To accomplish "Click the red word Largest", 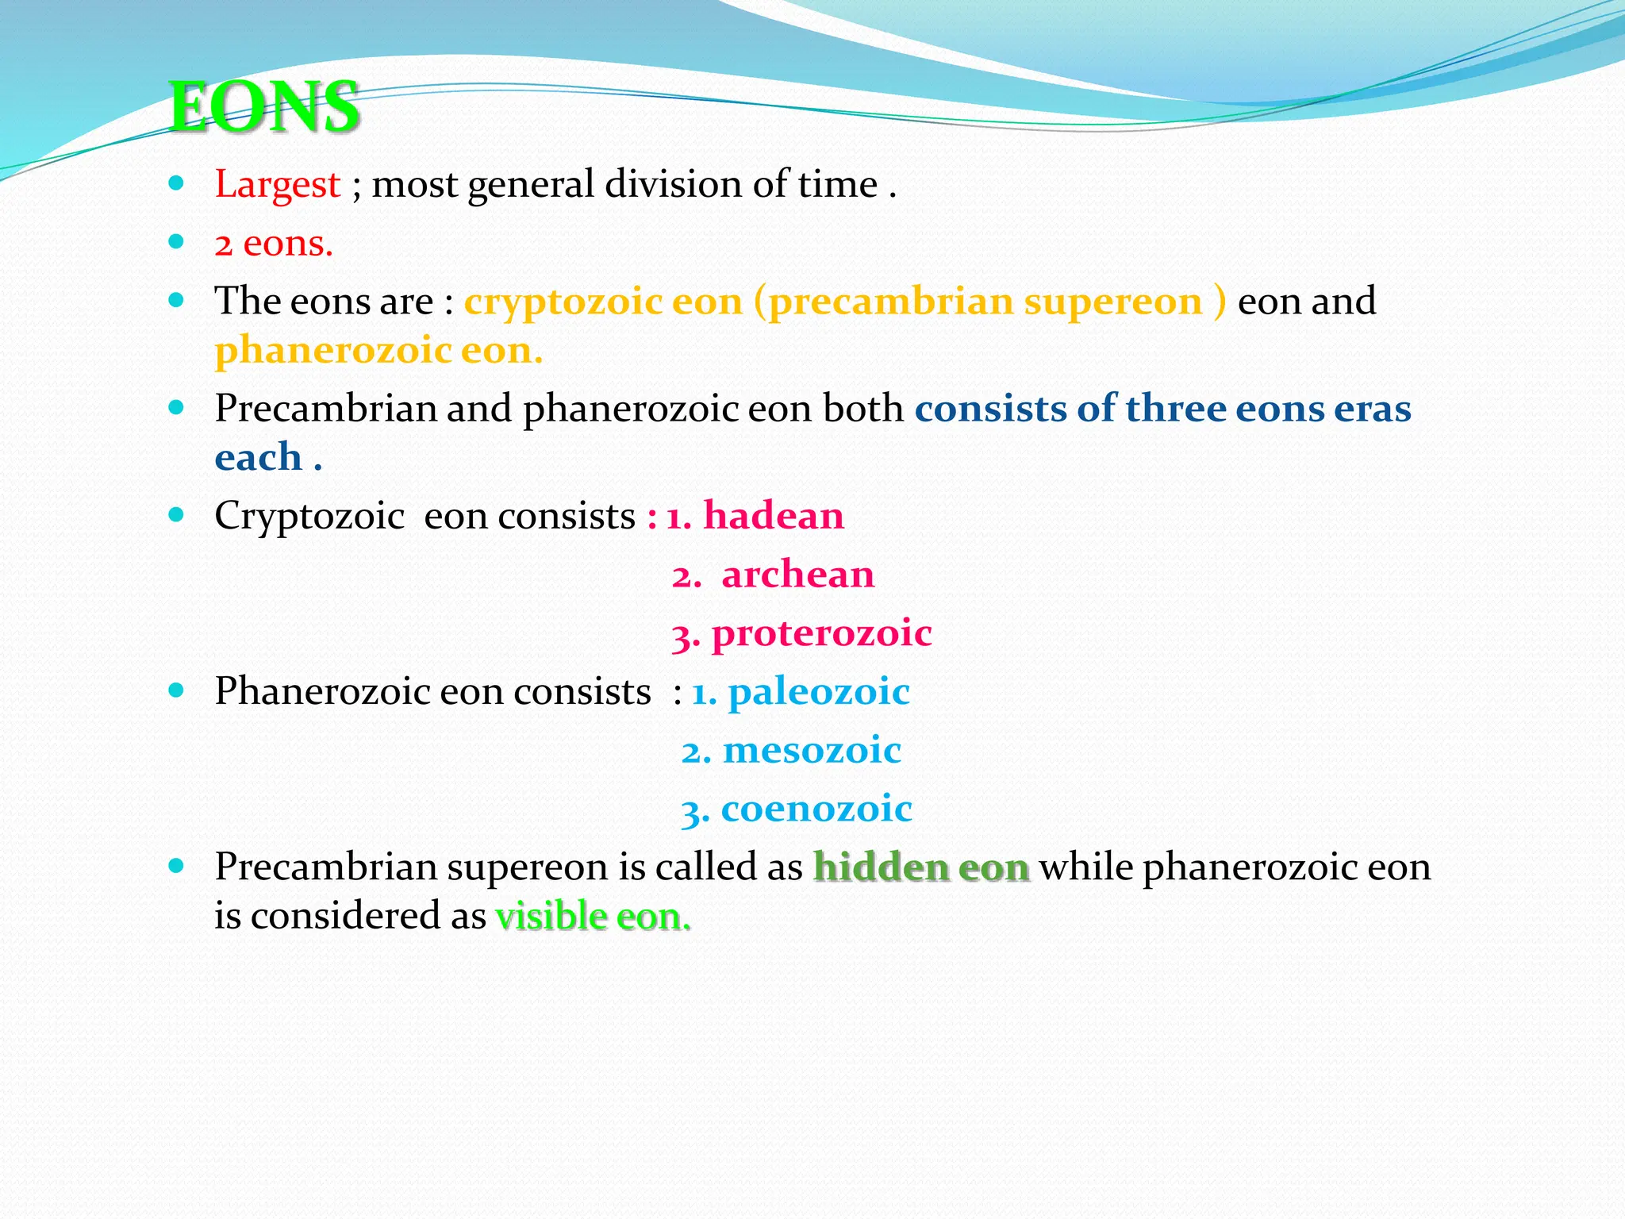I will pyautogui.click(x=277, y=184).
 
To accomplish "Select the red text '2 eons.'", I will pyautogui.click(x=273, y=243).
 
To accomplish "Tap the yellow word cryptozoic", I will pyautogui.click(x=563, y=302).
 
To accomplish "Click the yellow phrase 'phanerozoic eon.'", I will pyautogui.click(x=378, y=350).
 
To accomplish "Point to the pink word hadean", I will pyautogui.click(x=773, y=515).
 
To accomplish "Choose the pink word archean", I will pyautogui.click(x=797, y=574).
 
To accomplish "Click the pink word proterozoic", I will pyautogui.click(x=821, y=633).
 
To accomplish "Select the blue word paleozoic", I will pyautogui.click(x=818, y=691).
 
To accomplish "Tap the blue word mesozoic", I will pyautogui.click(x=811, y=750).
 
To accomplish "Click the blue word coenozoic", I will pyautogui.click(x=816, y=809).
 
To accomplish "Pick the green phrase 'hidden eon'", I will pyautogui.click(x=921, y=867).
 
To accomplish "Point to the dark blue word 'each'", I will pyautogui.click(x=259, y=457).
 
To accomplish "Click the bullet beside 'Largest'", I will pyautogui.click(x=176, y=184).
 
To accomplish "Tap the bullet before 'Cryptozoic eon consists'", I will pyautogui.click(x=176, y=515).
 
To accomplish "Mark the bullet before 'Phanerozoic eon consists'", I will pyautogui.click(x=176, y=690).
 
